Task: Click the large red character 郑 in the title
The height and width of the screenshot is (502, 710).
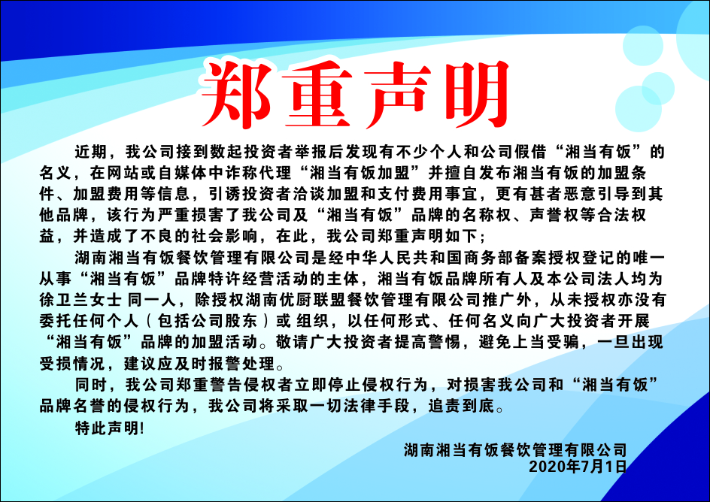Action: coord(236,94)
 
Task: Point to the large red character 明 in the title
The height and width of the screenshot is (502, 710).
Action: coord(476,94)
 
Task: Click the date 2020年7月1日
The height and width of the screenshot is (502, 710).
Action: coord(578,466)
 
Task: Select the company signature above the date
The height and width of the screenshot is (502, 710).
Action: coord(516,449)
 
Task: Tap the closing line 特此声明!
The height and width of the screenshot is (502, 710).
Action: coord(110,428)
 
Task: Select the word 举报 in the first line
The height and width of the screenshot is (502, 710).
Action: coord(311,151)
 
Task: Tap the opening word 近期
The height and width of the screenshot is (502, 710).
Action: coord(91,151)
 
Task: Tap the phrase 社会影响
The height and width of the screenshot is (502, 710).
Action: coord(225,236)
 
